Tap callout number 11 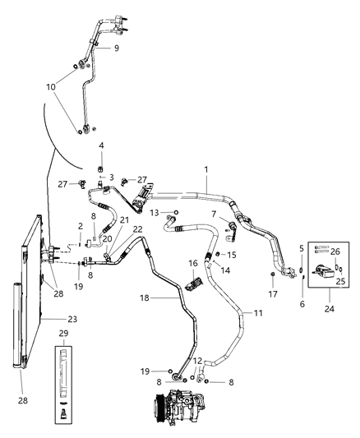click(x=257, y=312)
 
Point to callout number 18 click(x=145, y=300)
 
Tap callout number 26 click(x=335, y=252)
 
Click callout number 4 click(x=101, y=145)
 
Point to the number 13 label click(x=154, y=213)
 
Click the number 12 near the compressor click(x=197, y=360)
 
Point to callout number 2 click(x=80, y=226)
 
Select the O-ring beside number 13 click(x=176, y=213)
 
